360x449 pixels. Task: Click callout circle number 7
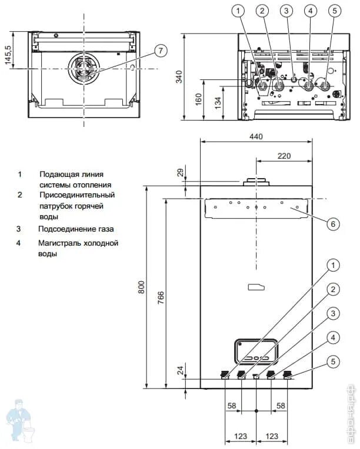pyautogui.click(x=161, y=51)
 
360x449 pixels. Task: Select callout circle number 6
pyautogui.click(x=332, y=224)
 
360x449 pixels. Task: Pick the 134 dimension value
pyautogui.click(x=219, y=102)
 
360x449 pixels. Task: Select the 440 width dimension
pyautogui.click(x=255, y=136)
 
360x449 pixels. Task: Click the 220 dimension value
pyautogui.click(x=284, y=156)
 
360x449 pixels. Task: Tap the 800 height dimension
pyautogui.click(x=141, y=287)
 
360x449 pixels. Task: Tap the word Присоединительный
pyautogui.click(x=76, y=195)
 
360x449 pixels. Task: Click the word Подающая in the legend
pyautogui.click(x=58, y=174)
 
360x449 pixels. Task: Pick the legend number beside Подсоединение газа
pyautogui.click(x=19, y=229)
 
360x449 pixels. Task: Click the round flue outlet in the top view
pyautogui.click(x=84, y=69)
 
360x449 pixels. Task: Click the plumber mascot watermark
pyautogui.click(x=20, y=421)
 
